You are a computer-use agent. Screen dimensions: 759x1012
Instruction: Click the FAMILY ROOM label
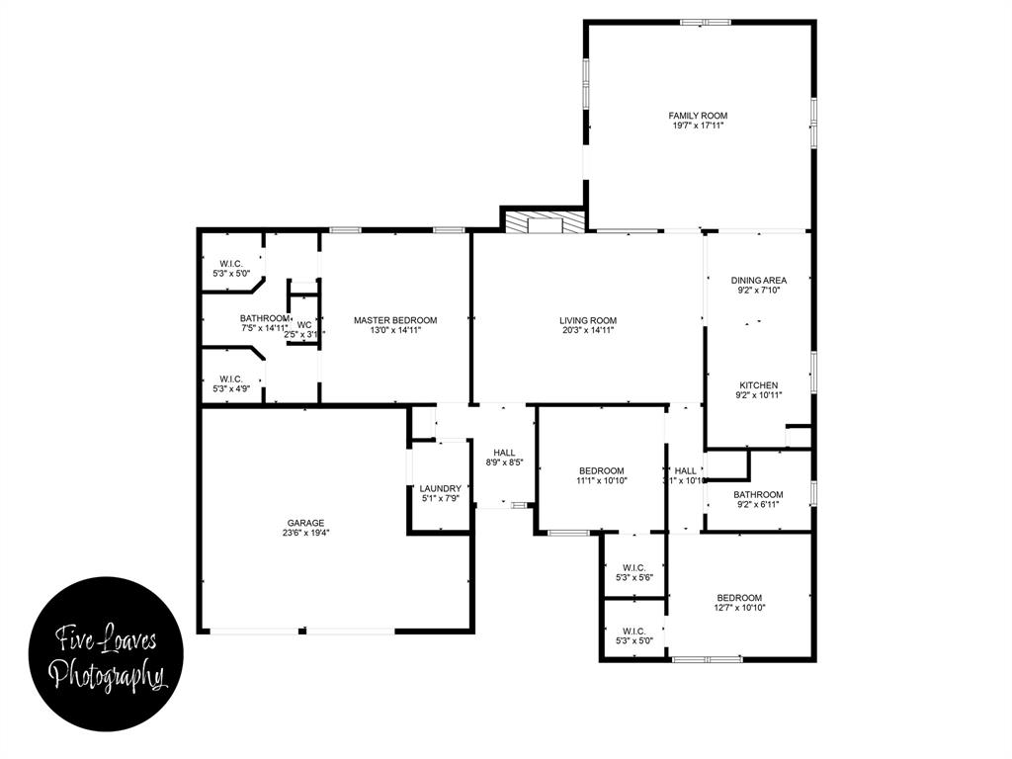pyautogui.click(x=698, y=116)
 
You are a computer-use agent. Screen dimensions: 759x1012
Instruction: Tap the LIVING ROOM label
pyautogui.click(x=588, y=320)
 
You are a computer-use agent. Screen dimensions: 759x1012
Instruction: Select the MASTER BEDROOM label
pyautogui.click(x=395, y=320)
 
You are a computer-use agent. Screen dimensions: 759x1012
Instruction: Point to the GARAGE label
pyautogui.click(x=305, y=523)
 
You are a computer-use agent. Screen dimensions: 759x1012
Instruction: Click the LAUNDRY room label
pyautogui.click(x=440, y=488)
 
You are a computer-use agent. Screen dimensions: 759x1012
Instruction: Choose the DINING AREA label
pyautogui.click(x=759, y=281)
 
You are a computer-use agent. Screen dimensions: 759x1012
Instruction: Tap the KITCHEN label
pyautogui.click(x=759, y=385)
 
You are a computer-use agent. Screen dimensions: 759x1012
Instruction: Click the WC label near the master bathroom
pyautogui.click(x=304, y=324)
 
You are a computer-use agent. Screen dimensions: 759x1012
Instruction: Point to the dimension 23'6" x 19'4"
pyautogui.click(x=305, y=534)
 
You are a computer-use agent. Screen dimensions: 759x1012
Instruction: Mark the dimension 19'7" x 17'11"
pyautogui.click(x=698, y=126)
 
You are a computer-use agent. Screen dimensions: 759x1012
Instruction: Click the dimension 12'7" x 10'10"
pyautogui.click(x=739, y=608)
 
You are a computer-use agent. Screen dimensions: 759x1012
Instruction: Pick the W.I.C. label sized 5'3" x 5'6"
pyautogui.click(x=633, y=567)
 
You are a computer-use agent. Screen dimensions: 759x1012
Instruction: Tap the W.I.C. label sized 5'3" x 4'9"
pyautogui.click(x=231, y=379)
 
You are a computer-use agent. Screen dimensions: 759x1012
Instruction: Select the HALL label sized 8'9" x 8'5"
pyautogui.click(x=504, y=453)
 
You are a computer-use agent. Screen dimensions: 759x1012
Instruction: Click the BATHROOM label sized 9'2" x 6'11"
pyautogui.click(x=758, y=495)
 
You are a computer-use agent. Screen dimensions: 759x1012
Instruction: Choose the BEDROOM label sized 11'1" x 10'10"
pyautogui.click(x=601, y=470)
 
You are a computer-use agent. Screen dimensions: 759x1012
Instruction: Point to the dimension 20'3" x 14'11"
pyautogui.click(x=588, y=331)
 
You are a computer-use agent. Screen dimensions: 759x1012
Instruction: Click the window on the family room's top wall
pyautogui.click(x=706, y=22)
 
